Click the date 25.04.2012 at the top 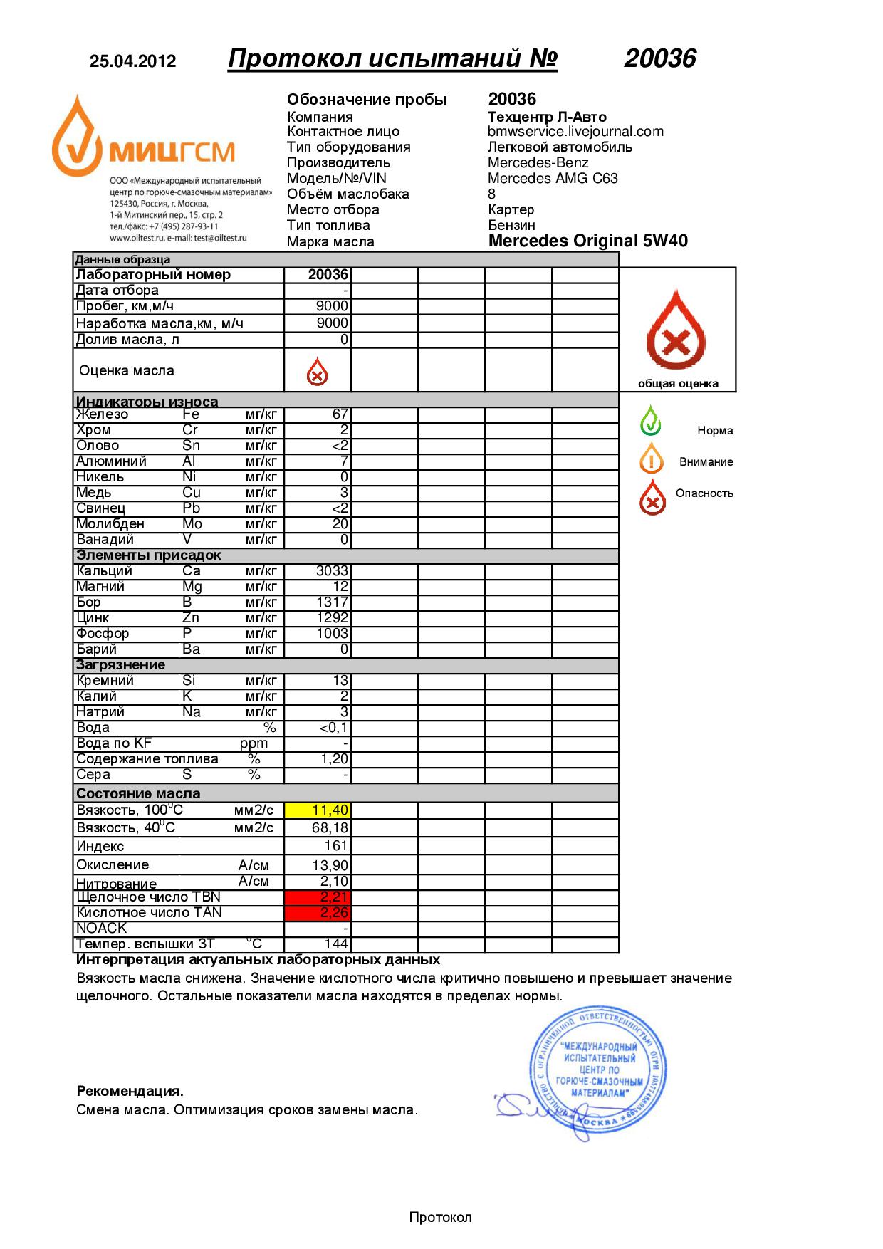(132, 61)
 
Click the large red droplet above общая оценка (676, 329)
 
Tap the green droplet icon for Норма (650, 420)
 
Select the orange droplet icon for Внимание (651, 459)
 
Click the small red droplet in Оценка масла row (317, 372)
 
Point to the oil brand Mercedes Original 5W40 (587, 241)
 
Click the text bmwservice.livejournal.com (575, 132)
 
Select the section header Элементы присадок (149, 555)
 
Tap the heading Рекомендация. (130, 1091)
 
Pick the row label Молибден (110, 524)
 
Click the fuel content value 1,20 (334, 759)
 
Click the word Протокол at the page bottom (440, 1217)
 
